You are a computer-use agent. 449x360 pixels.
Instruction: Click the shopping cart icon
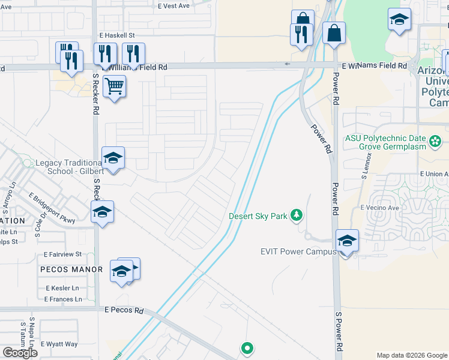(114, 86)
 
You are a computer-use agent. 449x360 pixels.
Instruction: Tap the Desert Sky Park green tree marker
(295, 215)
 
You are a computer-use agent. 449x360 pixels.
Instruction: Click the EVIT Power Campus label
(298, 251)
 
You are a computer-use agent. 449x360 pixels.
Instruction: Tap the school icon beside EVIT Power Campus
(347, 241)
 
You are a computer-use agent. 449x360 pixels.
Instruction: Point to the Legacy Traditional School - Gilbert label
(68, 167)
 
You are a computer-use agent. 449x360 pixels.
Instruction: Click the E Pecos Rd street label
(124, 311)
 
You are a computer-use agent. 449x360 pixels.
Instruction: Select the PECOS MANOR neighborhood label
(71, 269)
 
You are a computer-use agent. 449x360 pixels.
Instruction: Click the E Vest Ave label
(173, 5)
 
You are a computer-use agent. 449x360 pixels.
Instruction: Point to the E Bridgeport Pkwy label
(52, 208)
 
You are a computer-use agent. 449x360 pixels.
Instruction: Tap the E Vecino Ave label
(379, 208)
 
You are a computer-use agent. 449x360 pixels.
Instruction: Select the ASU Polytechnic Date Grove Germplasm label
(385, 142)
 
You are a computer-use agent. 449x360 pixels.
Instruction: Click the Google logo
(20, 353)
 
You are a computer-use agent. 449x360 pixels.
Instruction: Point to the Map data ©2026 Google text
(412, 355)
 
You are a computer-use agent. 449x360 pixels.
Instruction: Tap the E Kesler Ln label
(62, 288)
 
